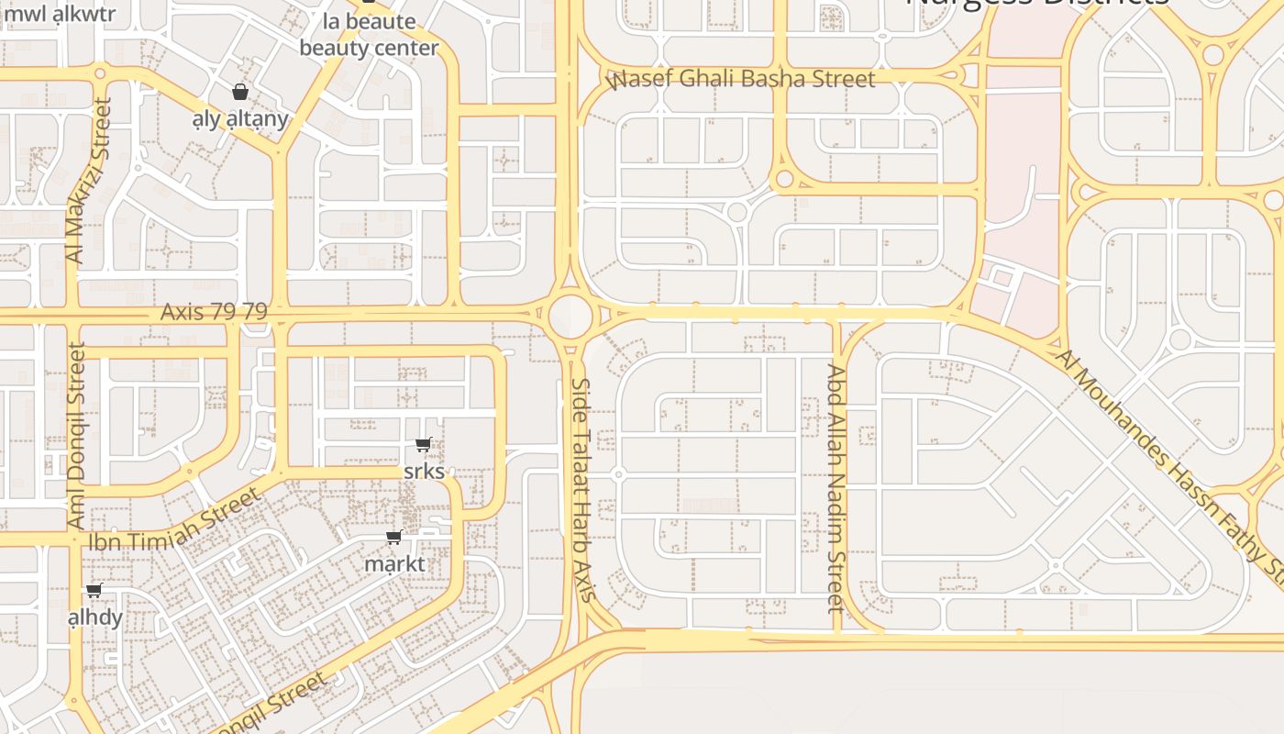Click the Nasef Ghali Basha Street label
741,80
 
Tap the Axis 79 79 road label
214,312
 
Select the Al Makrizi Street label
88,182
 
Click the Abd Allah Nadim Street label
836,488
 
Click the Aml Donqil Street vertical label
77,435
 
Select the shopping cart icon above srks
423,445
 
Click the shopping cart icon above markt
394,537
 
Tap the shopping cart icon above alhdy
94,591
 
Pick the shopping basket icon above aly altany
239,92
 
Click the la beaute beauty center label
369,34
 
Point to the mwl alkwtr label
60,14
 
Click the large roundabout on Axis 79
570,315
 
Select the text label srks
424,472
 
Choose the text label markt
394,563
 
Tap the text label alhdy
95,617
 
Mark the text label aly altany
240,118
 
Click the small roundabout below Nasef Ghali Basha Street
784,179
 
